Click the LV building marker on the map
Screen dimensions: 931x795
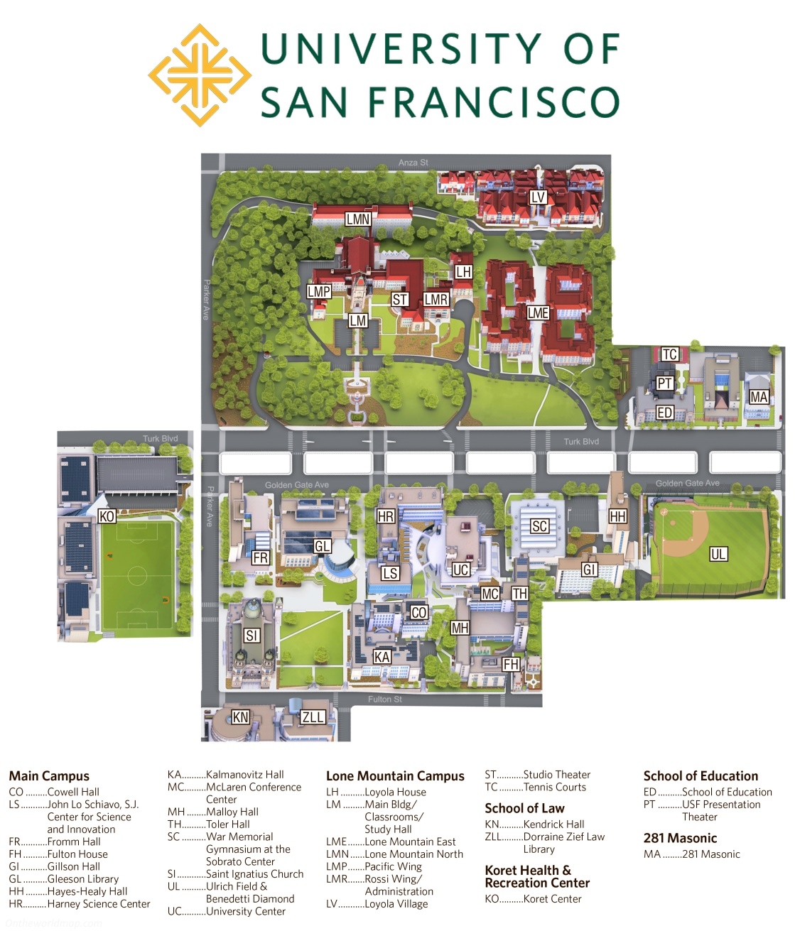click(538, 197)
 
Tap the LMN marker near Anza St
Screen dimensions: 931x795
click(358, 219)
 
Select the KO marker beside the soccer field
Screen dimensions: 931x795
click(107, 516)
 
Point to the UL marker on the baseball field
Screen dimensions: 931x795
click(718, 554)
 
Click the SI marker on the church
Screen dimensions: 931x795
click(252, 636)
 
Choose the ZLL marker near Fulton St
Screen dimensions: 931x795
click(313, 717)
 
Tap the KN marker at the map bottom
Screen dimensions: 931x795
click(241, 717)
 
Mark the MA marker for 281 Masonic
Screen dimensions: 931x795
click(759, 398)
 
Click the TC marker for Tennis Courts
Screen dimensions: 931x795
click(669, 354)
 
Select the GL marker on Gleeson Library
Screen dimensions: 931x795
click(323, 546)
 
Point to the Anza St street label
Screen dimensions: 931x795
click(413, 163)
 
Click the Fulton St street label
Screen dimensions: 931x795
click(385, 699)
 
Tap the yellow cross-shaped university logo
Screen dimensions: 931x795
click(200, 75)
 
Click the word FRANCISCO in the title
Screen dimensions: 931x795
click(494, 102)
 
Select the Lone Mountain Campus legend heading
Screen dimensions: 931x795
click(395, 776)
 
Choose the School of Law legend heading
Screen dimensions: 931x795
click(524, 808)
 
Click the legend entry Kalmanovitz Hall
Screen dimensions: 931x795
click(244, 775)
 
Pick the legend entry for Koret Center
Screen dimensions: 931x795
click(552, 899)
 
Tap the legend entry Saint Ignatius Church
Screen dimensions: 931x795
click(254, 874)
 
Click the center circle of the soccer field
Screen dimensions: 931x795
click(136, 576)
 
